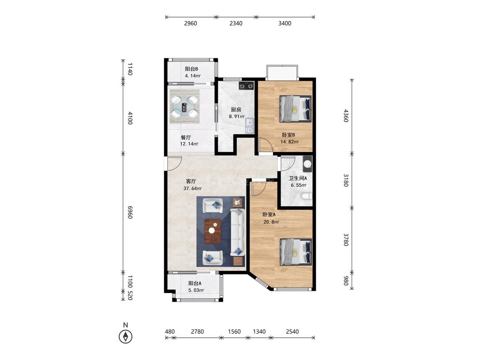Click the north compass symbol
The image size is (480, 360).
[x=125, y=337]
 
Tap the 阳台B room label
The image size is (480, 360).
[x=191, y=69]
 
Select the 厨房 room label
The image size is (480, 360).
[x=236, y=109]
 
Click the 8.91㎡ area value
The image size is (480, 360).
[x=237, y=116]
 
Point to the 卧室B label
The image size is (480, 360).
[x=288, y=135]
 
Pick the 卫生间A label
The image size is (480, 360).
[x=298, y=178]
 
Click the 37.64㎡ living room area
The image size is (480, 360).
[x=192, y=189]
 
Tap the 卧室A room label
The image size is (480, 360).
[x=269, y=215]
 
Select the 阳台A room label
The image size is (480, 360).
[x=195, y=284]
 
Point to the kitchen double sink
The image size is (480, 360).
[x=250, y=126]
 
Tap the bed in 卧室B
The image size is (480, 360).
[x=295, y=109]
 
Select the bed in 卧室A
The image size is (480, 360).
[x=295, y=252]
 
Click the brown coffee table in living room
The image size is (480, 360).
[x=213, y=231]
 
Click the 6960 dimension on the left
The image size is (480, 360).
[x=130, y=212]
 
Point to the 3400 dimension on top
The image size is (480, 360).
[x=285, y=23]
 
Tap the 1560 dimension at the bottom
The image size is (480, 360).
[x=234, y=331]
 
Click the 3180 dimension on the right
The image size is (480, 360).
[x=346, y=180]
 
